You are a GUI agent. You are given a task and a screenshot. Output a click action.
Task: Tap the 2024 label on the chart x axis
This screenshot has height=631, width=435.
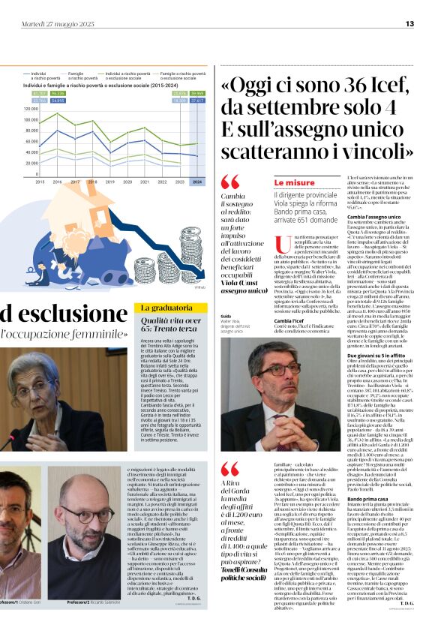pos(197,182)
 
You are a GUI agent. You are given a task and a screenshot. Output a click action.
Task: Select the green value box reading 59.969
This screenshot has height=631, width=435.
pos(197,93)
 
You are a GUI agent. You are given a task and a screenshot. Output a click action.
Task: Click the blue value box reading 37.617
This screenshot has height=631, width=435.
pos(197,100)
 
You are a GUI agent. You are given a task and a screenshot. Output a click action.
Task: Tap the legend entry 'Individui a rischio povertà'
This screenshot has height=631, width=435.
pos(44,76)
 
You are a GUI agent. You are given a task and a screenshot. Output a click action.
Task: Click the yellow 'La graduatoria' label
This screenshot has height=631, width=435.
pos(161,308)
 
